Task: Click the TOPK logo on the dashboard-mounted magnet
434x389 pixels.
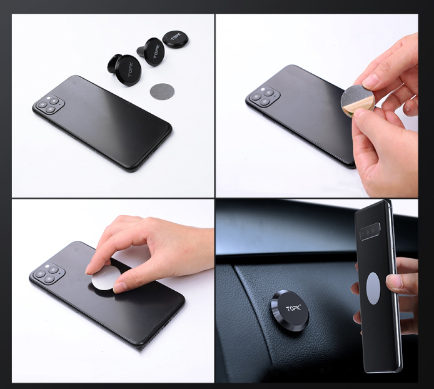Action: (x=293, y=308)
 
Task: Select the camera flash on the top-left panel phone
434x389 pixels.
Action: (x=49, y=98)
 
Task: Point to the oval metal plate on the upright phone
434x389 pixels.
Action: (x=373, y=288)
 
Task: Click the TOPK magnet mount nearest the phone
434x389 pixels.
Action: (x=123, y=69)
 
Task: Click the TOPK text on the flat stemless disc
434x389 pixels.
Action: (x=176, y=36)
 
